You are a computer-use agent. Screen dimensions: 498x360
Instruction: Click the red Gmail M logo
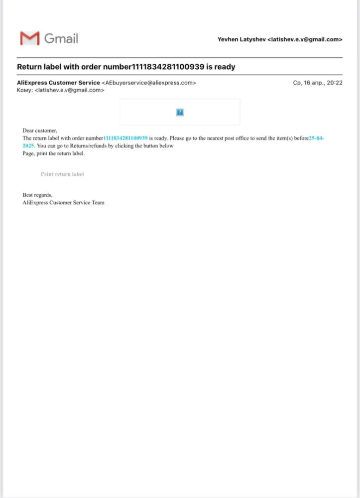pyautogui.click(x=29, y=38)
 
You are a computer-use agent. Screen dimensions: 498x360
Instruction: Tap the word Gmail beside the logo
pyautogui.click(x=61, y=38)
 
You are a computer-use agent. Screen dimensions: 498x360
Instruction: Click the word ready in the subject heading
pyautogui.click(x=225, y=66)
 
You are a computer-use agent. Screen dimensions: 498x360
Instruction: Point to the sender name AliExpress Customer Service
pyautogui.click(x=58, y=83)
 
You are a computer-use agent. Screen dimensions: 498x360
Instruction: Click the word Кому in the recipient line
pyautogui.click(x=24, y=90)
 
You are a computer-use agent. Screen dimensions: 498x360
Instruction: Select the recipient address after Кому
pyautogui.click(x=70, y=90)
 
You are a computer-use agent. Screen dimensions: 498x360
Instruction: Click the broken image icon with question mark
pyautogui.click(x=180, y=112)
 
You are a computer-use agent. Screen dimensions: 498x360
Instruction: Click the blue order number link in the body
pyautogui.click(x=125, y=137)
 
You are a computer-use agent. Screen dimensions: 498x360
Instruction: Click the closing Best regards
pyautogui.click(x=37, y=195)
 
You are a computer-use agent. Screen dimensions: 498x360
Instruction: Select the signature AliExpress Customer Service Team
pyautogui.click(x=63, y=203)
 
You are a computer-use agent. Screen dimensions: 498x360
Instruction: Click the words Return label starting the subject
pyautogui.click(x=39, y=66)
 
